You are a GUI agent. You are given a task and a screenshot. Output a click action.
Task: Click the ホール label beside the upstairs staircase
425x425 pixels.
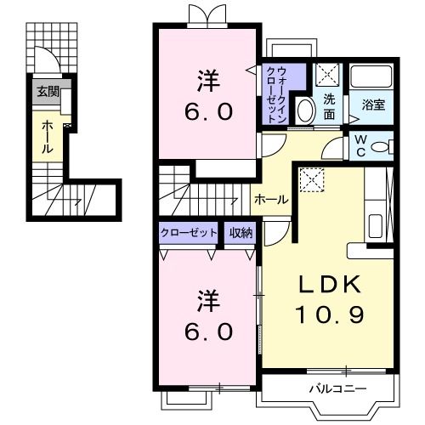click(271, 200)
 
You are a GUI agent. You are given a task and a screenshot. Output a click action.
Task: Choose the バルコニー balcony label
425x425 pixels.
click(337, 389)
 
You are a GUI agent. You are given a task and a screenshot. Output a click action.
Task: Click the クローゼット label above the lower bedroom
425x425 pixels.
click(189, 232)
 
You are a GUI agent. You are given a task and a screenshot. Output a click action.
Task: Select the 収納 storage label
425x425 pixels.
click(241, 232)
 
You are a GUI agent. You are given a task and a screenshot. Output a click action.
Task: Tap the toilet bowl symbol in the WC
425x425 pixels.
click(382, 146)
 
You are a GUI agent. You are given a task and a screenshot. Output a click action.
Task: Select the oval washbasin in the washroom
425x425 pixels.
click(304, 110)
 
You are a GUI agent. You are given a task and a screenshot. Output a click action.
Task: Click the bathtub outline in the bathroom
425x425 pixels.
click(372, 78)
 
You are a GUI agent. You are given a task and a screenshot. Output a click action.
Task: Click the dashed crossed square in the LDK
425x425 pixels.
click(312, 179)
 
